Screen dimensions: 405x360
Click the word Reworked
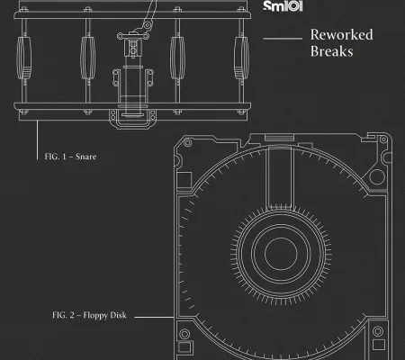(342, 34)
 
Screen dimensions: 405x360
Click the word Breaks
(331, 51)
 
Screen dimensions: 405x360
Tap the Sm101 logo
(283, 6)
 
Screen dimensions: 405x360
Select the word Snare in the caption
(86, 157)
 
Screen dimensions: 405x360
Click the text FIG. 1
(55, 157)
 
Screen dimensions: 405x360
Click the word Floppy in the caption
(95, 316)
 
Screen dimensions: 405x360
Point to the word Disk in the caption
(119, 315)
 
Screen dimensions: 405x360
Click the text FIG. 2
(63, 315)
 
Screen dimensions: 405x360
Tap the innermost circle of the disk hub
(281, 254)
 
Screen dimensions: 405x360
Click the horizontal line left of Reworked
(283, 39)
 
